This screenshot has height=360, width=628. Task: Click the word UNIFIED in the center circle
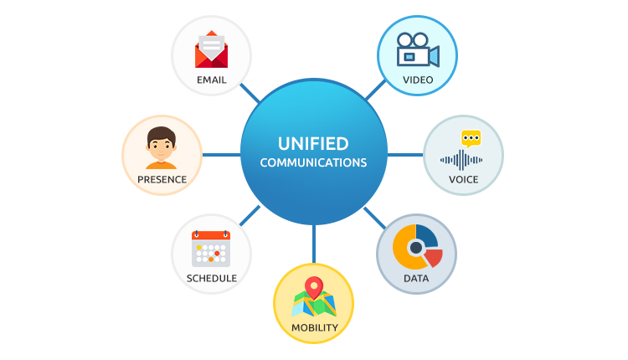[x=313, y=143]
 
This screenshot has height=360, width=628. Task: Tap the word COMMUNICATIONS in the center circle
[x=313, y=162]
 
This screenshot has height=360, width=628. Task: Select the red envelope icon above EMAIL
[x=211, y=49]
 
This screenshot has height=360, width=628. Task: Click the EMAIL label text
[x=211, y=80]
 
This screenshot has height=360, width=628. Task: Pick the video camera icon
[x=417, y=49]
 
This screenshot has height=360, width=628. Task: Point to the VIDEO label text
[x=417, y=80]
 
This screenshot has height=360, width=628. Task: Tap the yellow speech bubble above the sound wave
[x=471, y=138]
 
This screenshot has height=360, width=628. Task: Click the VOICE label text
[x=463, y=179]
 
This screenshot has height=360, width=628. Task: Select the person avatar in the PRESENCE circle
[x=162, y=148]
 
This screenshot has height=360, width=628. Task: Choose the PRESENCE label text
[x=162, y=179]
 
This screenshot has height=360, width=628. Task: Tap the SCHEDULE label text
[x=211, y=278]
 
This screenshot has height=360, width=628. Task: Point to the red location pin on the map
[x=314, y=288]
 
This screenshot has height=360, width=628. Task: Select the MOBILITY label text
[x=314, y=327]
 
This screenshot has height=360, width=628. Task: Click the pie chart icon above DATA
[x=416, y=247]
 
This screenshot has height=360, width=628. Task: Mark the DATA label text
[x=416, y=278]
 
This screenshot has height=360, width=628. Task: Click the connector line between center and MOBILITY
[x=314, y=244]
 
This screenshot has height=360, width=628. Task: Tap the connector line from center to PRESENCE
[x=221, y=155]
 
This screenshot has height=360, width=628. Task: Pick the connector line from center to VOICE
[x=405, y=155]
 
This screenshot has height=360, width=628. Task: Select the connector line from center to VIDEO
[x=374, y=89]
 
